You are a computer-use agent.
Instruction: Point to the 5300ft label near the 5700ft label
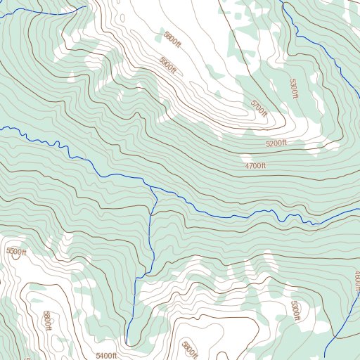(x=294, y=89)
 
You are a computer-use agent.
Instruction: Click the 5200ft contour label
(x=276, y=143)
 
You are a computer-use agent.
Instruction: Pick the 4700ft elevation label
(x=255, y=166)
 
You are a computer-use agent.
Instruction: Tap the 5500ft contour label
(x=15, y=252)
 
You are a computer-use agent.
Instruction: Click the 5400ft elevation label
(x=106, y=356)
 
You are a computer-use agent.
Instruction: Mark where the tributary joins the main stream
(x=153, y=187)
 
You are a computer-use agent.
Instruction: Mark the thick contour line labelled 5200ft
(x=232, y=150)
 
